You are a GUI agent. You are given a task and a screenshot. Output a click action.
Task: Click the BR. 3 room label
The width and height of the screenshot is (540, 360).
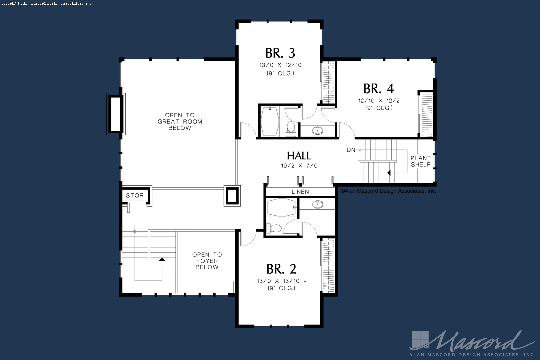(280, 53)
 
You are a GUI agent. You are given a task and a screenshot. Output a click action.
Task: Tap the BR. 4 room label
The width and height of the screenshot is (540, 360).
(378, 89)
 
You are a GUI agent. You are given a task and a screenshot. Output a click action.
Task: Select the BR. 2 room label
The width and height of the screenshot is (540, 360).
(281, 269)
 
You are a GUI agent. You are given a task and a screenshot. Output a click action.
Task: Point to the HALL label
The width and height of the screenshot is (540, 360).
(299, 156)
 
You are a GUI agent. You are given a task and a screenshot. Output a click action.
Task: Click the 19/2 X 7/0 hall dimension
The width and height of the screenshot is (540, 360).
(299, 166)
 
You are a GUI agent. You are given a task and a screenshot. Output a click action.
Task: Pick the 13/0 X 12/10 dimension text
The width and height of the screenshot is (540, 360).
(280, 65)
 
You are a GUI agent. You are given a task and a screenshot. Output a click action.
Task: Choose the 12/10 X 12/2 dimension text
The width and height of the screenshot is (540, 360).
(379, 101)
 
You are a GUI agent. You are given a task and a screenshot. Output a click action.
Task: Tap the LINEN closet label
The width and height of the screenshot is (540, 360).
(300, 192)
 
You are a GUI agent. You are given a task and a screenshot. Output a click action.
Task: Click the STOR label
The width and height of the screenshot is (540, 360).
(135, 195)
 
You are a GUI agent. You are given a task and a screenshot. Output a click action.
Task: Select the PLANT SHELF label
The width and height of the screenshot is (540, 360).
(420, 161)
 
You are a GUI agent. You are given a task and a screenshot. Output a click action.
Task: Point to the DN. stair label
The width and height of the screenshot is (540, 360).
(351, 150)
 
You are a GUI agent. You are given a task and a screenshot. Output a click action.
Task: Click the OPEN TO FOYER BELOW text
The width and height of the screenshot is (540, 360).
(207, 261)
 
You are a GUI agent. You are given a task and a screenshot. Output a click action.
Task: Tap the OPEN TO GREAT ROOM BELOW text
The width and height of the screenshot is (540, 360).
(180, 122)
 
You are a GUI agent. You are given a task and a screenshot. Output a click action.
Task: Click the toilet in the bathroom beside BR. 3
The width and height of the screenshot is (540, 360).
(291, 129)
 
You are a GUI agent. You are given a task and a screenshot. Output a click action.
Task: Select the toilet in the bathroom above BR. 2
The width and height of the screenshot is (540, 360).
(274, 228)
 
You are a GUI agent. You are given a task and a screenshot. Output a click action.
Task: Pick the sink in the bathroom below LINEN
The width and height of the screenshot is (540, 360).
(317, 204)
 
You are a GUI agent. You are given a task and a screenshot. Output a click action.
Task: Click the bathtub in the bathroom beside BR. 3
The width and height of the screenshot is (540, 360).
(270, 121)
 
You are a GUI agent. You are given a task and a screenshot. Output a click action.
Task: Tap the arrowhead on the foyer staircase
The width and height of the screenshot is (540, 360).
(162, 259)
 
